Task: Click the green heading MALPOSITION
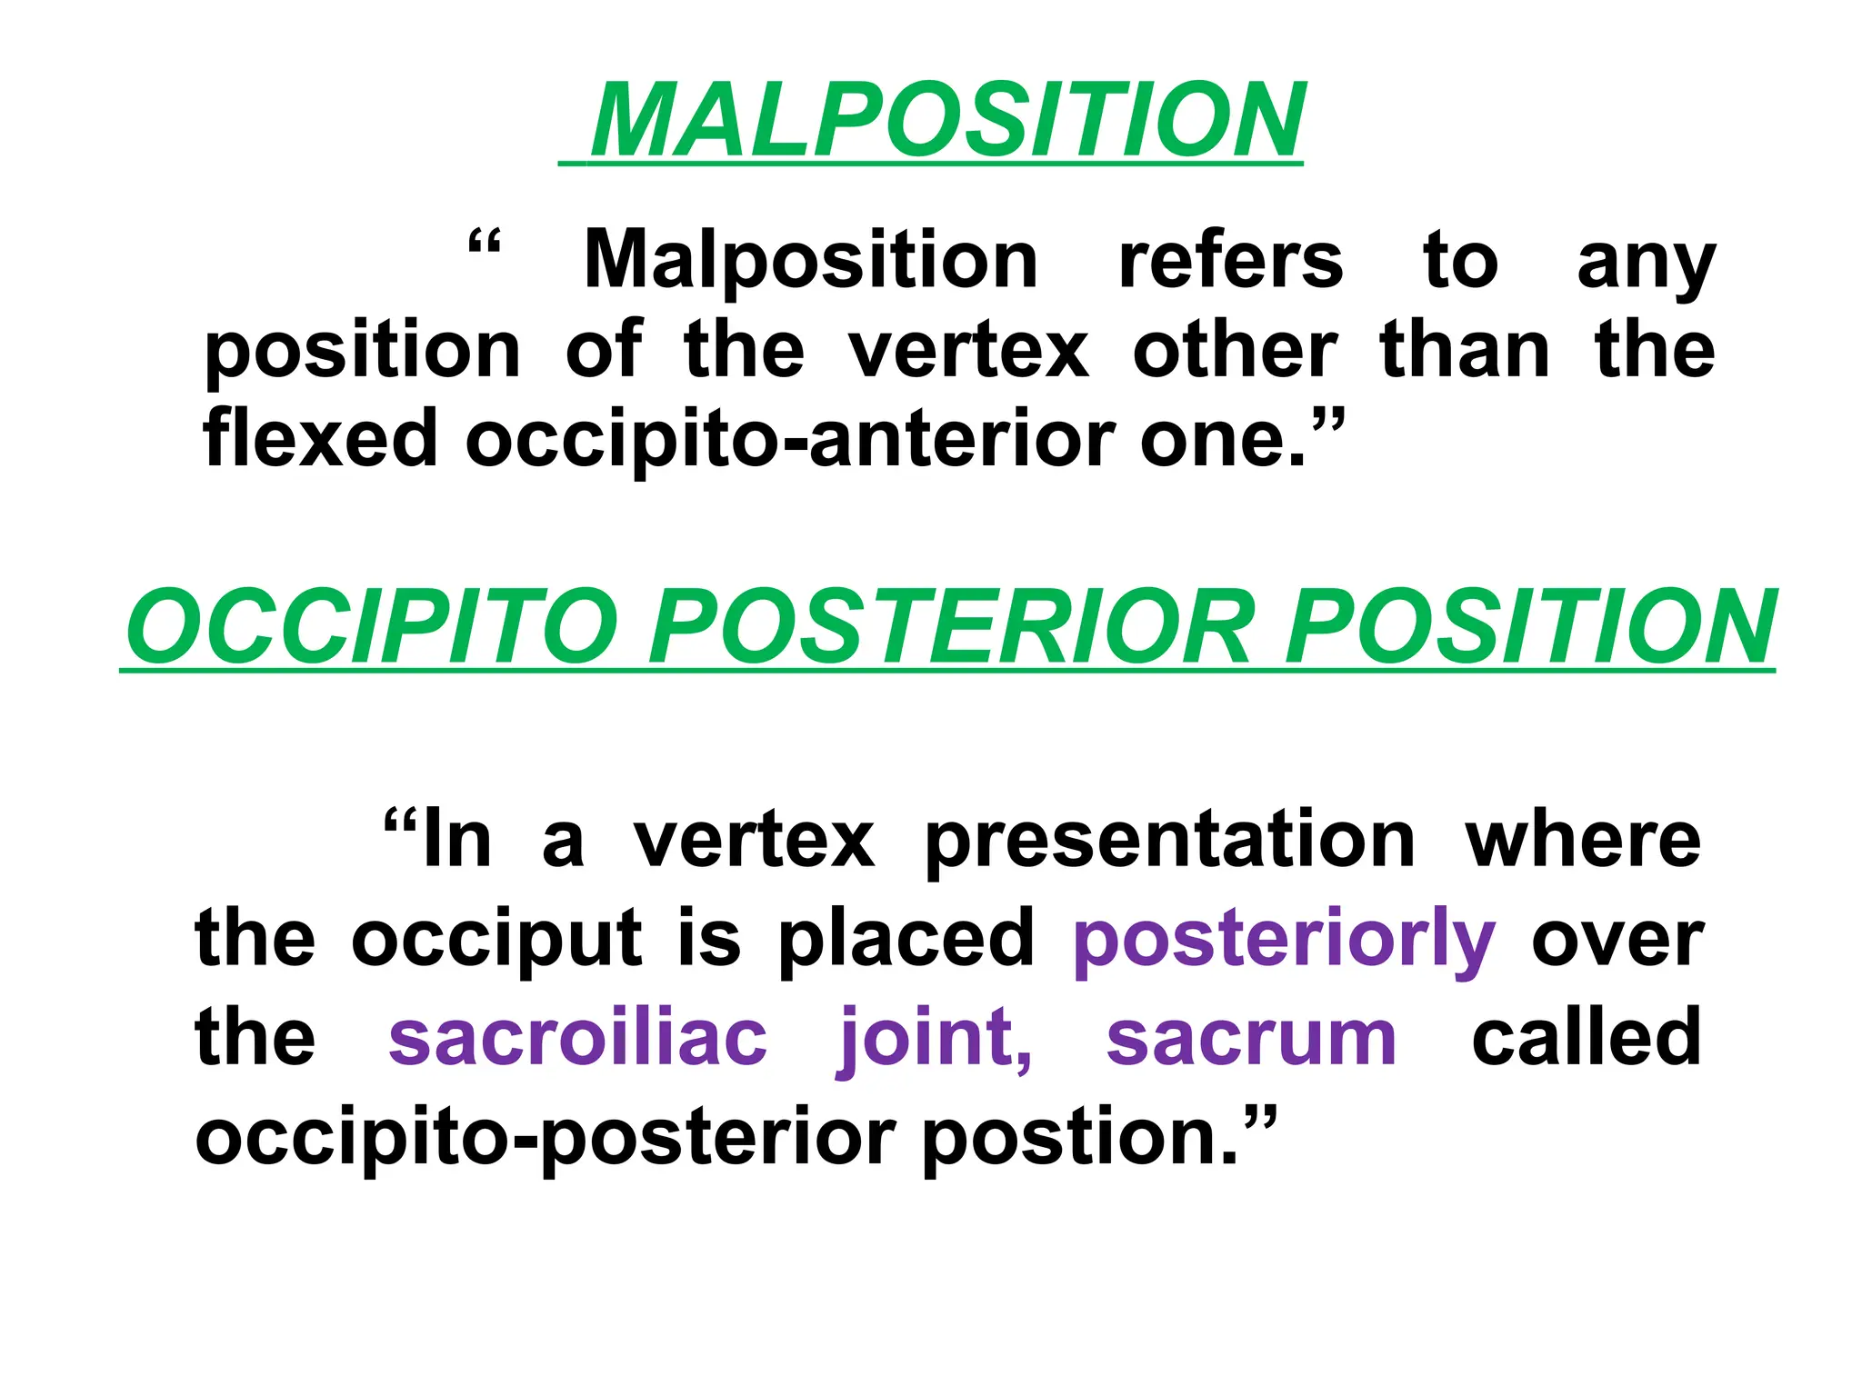(946, 121)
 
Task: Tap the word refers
(1230, 261)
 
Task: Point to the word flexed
(321, 438)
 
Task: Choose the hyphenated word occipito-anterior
(792, 440)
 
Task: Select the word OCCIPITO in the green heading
(372, 627)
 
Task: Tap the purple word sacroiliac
(577, 1039)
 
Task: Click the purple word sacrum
(1251, 1039)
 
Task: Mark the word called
(1586, 1039)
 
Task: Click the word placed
(906, 939)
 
